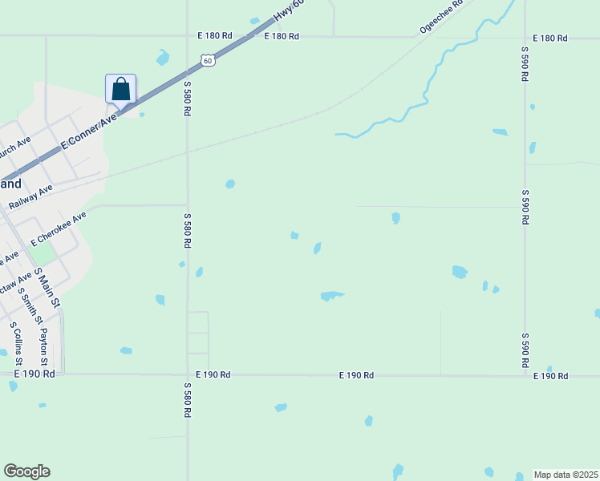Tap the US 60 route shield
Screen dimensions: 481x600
208,60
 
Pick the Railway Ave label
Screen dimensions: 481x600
30,196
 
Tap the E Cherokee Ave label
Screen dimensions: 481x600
59,229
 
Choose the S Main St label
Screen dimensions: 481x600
49,287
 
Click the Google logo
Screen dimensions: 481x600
26,471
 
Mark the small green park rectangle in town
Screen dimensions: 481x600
43,254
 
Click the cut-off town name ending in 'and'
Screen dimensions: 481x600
11,184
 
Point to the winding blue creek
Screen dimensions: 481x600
433,80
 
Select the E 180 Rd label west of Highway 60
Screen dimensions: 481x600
214,36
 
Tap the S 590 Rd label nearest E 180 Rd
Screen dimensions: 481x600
525,65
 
